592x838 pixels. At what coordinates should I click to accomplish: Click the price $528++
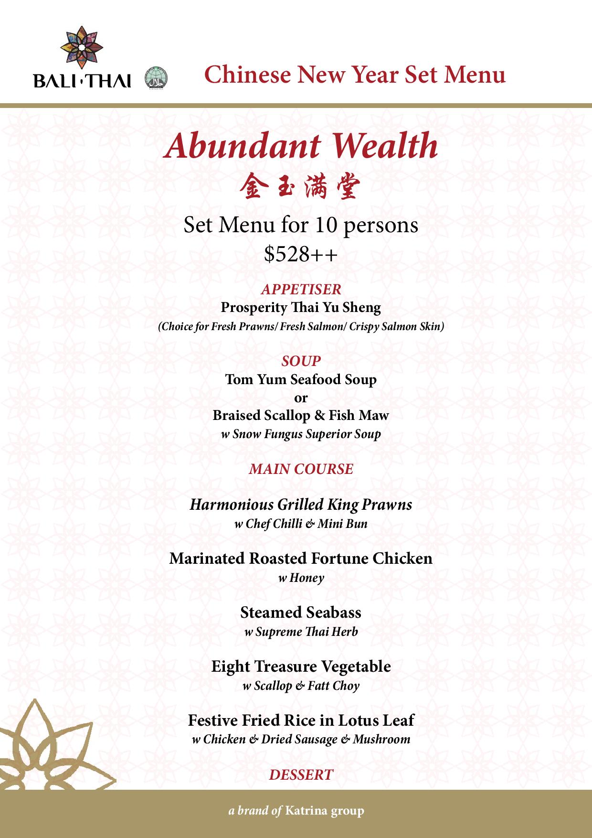tap(301, 254)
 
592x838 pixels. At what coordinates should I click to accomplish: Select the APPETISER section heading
tap(301, 289)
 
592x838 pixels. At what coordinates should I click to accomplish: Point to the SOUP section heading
tap(301, 361)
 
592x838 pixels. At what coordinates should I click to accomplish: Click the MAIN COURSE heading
tap(301, 469)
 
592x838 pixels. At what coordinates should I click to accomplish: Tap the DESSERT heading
tap(301, 774)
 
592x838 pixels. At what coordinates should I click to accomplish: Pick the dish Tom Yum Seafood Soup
tap(301, 379)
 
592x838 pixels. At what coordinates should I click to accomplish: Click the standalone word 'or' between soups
tap(301, 398)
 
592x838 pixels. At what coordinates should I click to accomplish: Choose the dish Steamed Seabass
tap(301, 612)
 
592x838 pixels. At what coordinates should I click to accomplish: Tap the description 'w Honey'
tap(301, 578)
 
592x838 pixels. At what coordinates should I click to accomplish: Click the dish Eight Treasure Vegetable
tap(301, 666)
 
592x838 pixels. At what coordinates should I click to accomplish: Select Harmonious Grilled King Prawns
tap(301, 505)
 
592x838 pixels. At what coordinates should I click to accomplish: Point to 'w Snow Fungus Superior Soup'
tap(301, 434)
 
